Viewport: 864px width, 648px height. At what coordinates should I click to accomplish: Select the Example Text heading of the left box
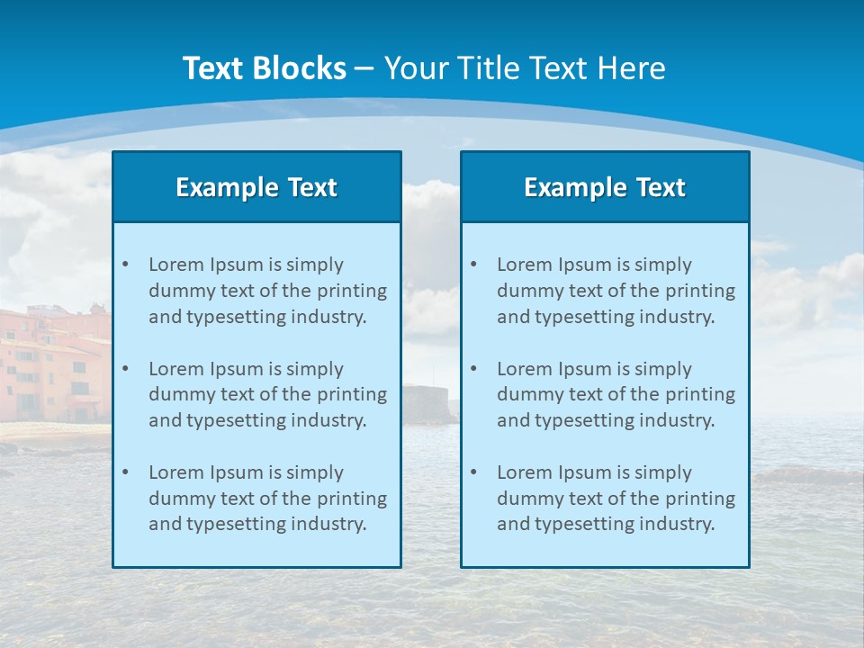pos(256,187)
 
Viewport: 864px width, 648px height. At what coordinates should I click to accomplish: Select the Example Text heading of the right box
pos(605,187)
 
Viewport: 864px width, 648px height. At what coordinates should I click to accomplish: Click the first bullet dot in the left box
pos(125,265)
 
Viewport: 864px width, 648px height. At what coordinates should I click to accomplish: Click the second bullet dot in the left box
pos(125,369)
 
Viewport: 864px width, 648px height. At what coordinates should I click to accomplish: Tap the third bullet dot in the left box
pos(125,472)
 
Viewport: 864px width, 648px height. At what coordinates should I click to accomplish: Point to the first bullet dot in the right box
pos(473,265)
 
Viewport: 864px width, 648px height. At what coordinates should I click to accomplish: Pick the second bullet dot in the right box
pos(473,369)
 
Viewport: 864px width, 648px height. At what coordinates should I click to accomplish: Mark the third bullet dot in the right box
pos(473,472)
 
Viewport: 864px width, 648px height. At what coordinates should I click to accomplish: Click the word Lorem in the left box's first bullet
pos(176,265)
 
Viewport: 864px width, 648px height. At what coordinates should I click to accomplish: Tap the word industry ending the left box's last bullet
pos(328,525)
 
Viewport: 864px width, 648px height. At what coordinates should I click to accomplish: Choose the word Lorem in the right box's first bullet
pos(525,265)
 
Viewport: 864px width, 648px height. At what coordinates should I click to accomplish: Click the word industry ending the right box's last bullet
pos(677,525)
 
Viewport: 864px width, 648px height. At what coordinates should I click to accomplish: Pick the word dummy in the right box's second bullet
pos(531,394)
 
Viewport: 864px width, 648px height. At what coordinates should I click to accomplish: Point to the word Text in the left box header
pos(312,187)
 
